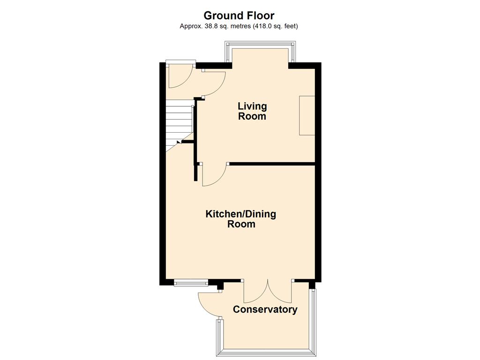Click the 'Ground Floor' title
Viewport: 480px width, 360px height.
click(239, 15)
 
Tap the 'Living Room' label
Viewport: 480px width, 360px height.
click(252, 111)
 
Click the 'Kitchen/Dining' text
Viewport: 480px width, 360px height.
click(240, 214)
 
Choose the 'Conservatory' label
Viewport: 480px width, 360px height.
click(265, 309)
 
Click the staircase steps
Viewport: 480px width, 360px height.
click(179, 126)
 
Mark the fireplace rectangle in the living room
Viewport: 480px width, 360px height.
click(307, 115)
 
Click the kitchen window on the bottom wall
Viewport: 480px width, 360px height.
click(191, 283)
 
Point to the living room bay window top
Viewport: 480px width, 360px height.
click(260, 44)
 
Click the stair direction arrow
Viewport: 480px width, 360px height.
click(179, 142)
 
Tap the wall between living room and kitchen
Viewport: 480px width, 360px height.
click(272, 164)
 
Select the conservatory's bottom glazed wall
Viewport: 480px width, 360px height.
click(266, 352)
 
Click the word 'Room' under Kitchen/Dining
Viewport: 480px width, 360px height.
click(241, 224)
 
